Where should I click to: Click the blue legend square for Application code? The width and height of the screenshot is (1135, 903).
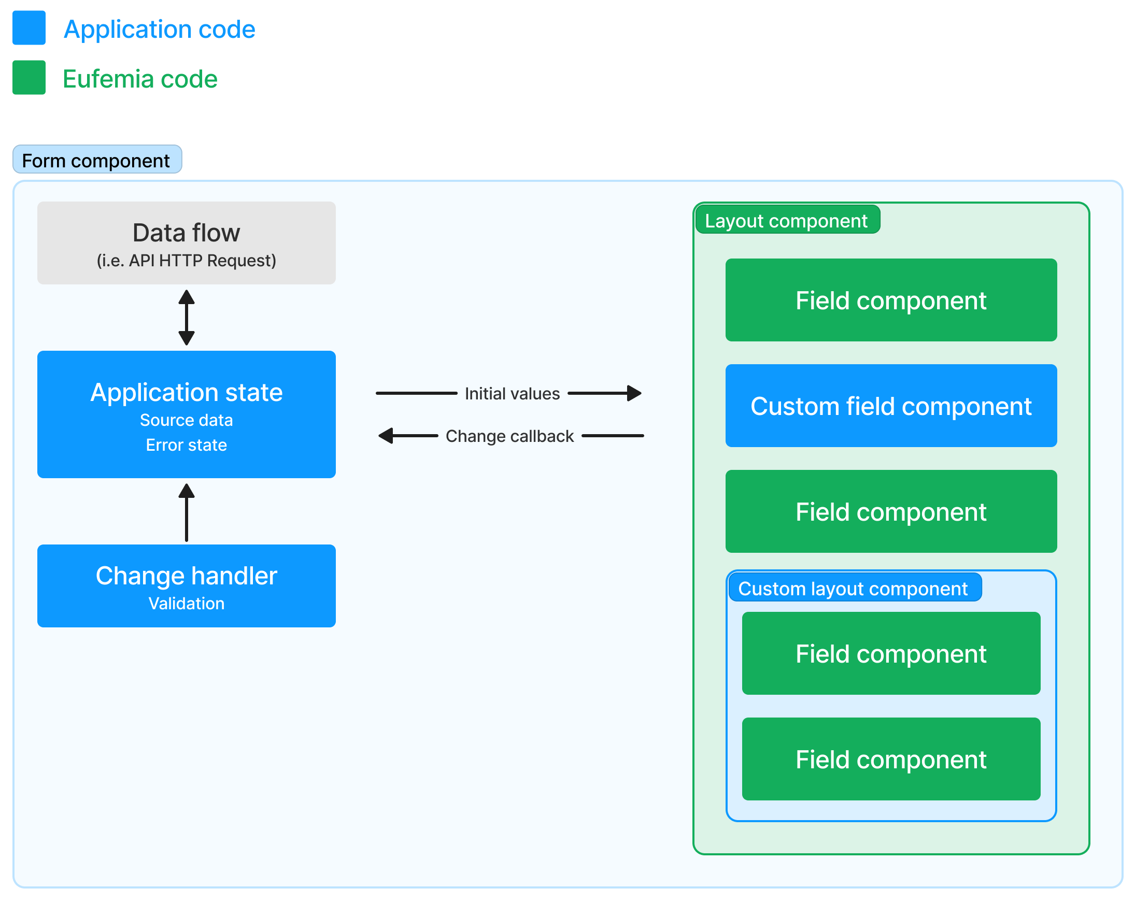(x=29, y=28)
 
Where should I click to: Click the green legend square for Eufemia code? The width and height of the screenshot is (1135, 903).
(x=29, y=77)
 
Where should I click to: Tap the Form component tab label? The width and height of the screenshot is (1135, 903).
(x=97, y=160)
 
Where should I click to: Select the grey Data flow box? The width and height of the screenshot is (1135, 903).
(x=187, y=243)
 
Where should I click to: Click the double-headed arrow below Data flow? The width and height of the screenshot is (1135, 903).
(x=187, y=317)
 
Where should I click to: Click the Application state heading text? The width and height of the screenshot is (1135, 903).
(x=187, y=393)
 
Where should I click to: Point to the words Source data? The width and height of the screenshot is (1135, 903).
(x=187, y=420)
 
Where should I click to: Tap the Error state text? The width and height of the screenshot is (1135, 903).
(x=187, y=445)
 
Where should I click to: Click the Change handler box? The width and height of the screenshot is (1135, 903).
(x=187, y=585)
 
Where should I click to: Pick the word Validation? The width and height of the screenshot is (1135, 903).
(x=187, y=604)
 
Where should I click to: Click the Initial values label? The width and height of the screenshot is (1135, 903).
(x=512, y=394)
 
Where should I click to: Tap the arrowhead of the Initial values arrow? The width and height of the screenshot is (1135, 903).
(x=634, y=393)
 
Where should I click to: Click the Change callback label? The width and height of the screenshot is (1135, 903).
(x=509, y=436)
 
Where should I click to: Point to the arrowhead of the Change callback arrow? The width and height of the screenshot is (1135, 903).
(x=386, y=436)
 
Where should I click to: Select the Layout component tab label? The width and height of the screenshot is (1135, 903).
(x=786, y=221)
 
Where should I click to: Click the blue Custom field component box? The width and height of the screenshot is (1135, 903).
(x=891, y=406)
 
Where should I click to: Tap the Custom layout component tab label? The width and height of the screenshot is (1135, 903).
(x=853, y=589)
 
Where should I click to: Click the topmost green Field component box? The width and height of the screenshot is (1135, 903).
(x=891, y=300)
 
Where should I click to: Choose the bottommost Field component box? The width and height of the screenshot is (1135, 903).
(x=891, y=759)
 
